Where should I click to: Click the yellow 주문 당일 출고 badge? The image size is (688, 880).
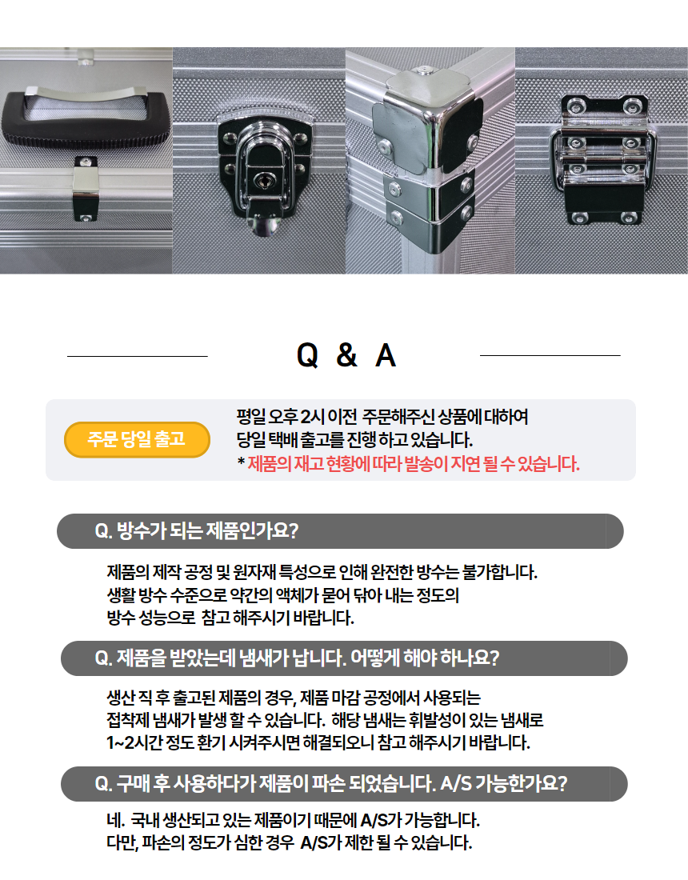pos(137,439)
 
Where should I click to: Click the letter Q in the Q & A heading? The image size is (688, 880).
pos(307,355)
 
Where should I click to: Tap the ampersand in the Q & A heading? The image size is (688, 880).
pos(347,354)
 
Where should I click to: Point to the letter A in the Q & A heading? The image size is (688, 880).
pos(386,355)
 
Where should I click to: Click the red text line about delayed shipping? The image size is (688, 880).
pos(409,464)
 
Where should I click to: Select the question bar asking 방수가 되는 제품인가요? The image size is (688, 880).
pos(340,531)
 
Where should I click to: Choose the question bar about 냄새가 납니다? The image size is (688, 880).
pos(344,658)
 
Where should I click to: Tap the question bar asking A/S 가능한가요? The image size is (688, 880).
pos(344,783)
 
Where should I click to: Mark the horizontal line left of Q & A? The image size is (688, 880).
pos(138,356)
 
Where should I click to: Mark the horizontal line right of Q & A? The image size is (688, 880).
pos(550,355)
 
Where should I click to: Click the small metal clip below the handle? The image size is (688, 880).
pos(86,189)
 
